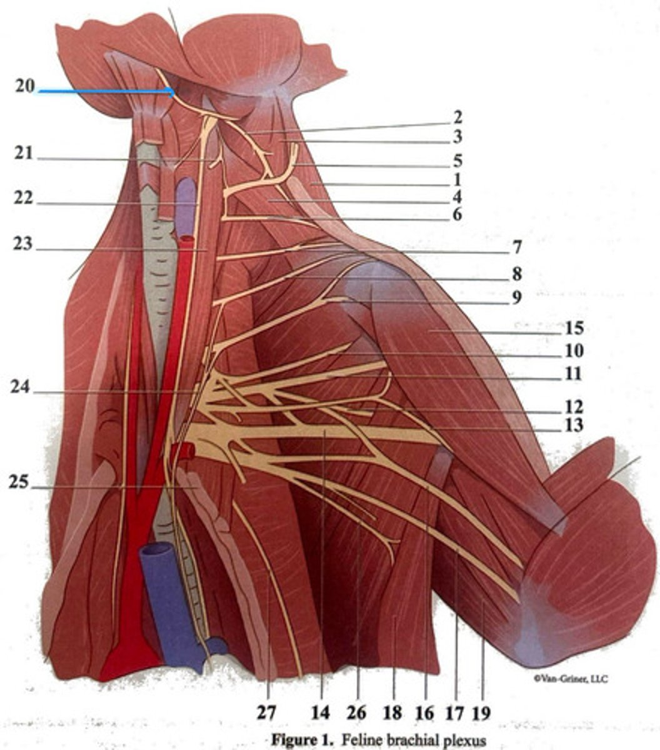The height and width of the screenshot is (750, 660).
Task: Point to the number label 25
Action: pyautogui.click(x=20, y=482)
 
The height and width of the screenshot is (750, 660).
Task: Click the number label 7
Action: pyautogui.click(x=517, y=247)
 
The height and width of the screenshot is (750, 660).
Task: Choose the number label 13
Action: pyautogui.click(x=572, y=426)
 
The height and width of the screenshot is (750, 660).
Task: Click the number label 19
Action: pyautogui.click(x=481, y=712)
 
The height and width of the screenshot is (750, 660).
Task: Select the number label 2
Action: pyautogui.click(x=457, y=117)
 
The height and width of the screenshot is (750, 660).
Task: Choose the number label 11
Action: pyautogui.click(x=572, y=374)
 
